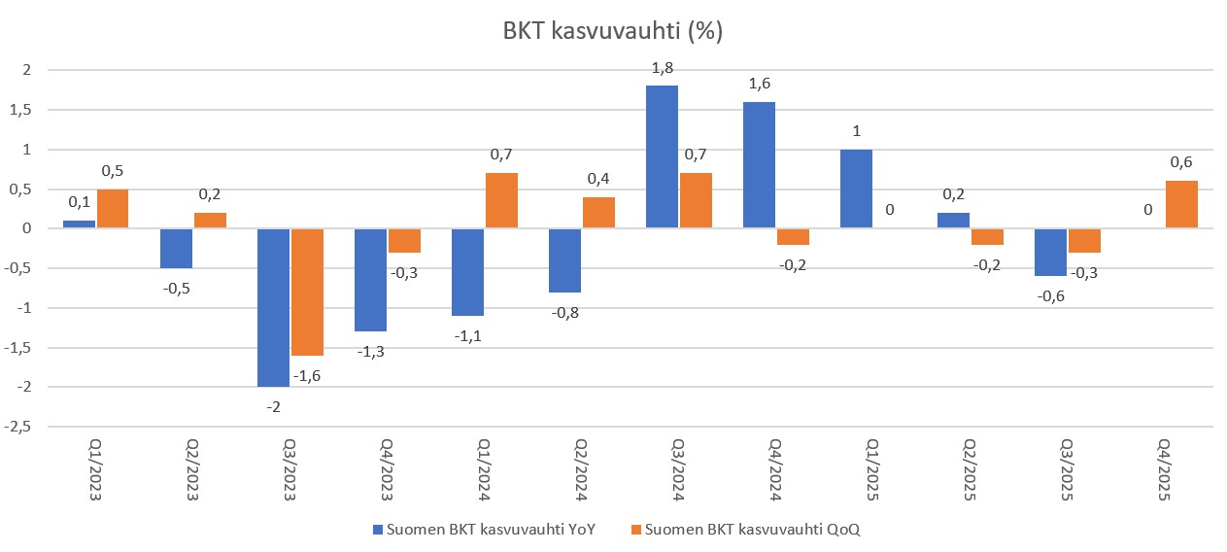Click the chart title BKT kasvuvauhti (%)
click(x=613, y=31)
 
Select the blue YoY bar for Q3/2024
click(x=663, y=157)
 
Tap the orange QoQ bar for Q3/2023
click(x=307, y=292)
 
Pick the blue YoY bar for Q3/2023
click(x=273, y=307)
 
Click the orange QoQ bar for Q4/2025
click(x=1182, y=205)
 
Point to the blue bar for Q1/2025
click(x=857, y=190)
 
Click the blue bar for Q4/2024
click(x=760, y=165)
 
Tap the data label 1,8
click(x=663, y=68)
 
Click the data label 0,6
click(x=1182, y=162)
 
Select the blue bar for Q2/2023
click(x=176, y=249)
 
